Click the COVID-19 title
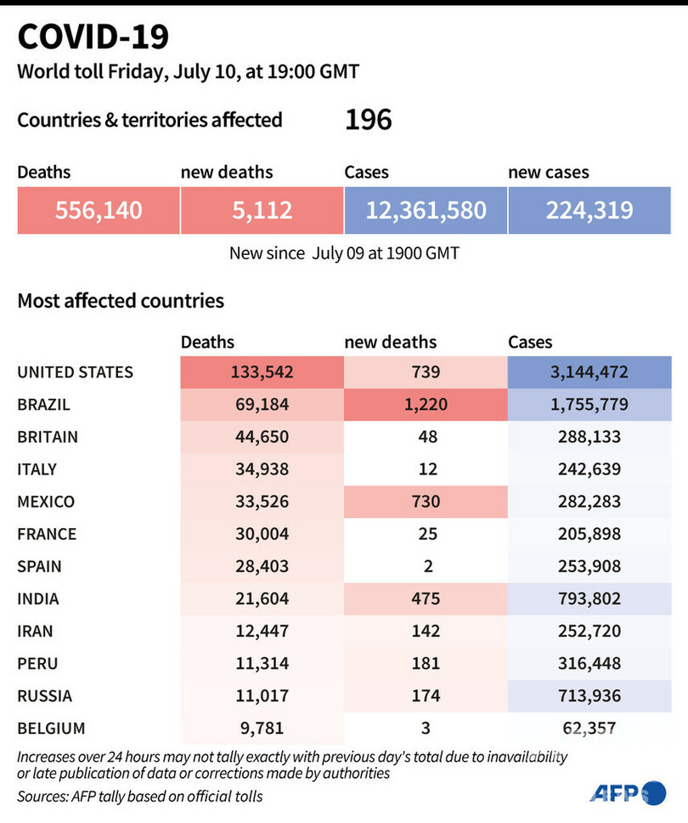pos(93,37)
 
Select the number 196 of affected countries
pos(368,120)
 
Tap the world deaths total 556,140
pos(99,210)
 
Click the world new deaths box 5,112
pos(262,210)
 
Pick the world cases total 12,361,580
pos(426,210)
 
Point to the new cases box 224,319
pos(589,210)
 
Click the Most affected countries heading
pos(121,300)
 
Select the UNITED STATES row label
pos(76,372)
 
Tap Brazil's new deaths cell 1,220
pos(426,405)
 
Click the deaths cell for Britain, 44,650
pos(262,437)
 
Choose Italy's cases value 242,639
pos(589,469)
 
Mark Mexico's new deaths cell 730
pos(426,502)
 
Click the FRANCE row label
pos(47,534)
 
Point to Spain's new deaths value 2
pos(426,566)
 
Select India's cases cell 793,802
pos(589,599)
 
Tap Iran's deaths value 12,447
pos(262,631)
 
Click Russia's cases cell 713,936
pos(589,695)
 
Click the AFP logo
pos(629,792)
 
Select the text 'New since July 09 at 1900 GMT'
pos(344,253)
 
